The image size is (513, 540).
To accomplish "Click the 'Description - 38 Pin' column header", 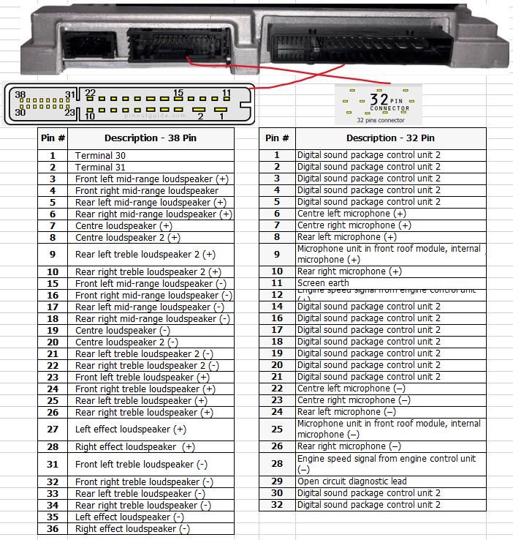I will click(x=151, y=138).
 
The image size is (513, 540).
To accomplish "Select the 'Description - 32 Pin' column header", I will click(x=390, y=138).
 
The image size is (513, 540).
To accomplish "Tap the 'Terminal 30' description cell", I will click(x=94, y=155).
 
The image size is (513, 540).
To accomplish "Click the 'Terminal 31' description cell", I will click(x=94, y=167).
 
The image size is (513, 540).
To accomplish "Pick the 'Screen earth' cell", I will click(x=323, y=282).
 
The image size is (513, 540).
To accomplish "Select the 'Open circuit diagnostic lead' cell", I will click(x=351, y=481).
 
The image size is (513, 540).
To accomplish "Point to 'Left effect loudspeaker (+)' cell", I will click(x=130, y=430).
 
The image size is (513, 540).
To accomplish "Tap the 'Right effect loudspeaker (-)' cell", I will click(x=132, y=528).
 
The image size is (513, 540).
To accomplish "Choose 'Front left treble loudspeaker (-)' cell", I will click(x=141, y=464).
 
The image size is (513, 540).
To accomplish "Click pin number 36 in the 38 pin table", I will click(x=53, y=528).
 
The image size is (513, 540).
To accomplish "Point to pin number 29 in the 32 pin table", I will click(x=277, y=481).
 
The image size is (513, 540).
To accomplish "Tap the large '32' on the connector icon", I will click(x=379, y=99).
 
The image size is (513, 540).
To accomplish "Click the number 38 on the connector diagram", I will click(x=20, y=95).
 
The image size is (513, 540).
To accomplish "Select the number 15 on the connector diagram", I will click(x=178, y=93).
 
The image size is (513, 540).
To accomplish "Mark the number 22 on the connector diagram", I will click(x=90, y=93).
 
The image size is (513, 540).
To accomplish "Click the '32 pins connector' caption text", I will click(x=380, y=119).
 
